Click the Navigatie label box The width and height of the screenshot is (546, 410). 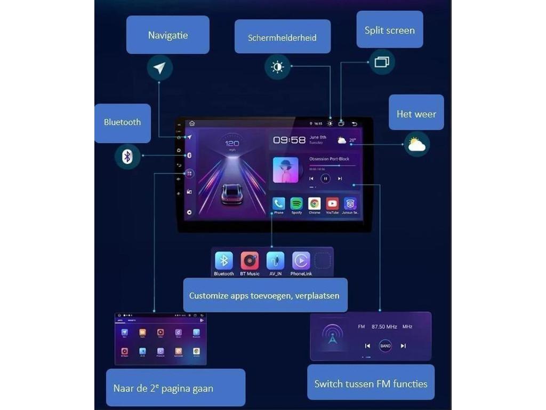tap(167, 35)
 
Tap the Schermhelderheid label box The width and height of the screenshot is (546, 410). tap(282, 37)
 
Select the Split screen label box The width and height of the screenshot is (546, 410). tap(389, 29)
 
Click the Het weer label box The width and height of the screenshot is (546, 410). tap(416, 113)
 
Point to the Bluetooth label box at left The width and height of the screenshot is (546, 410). tap(122, 122)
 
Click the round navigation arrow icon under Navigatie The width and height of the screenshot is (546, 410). tap(159, 68)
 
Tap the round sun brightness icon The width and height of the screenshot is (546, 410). tap(277, 67)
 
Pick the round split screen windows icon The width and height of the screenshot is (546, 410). tap(382, 62)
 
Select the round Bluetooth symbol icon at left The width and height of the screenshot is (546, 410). tap(127, 156)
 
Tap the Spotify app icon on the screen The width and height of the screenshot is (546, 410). tap(296, 203)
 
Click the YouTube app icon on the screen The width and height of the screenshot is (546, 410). tap(332, 203)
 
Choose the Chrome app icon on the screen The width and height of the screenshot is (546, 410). tap(315, 203)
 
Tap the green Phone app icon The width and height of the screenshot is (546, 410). tap(279, 203)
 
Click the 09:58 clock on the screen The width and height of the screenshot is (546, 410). tap(290, 140)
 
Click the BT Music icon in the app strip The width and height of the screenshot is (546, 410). tap(250, 261)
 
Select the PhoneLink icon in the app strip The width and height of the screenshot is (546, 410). tap(301, 261)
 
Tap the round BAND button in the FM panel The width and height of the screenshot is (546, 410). tap(385, 346)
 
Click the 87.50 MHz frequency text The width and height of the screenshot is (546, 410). tap(384, 326)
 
